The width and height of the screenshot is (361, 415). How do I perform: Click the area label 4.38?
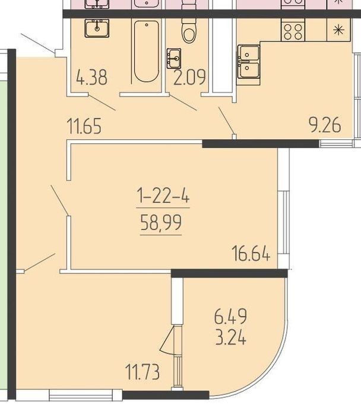pos(91,77)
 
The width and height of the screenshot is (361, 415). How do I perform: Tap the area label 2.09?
pos(189,77)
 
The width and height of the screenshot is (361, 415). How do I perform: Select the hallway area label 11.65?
pos(84,126)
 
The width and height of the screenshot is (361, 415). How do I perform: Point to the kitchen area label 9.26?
pos(325,124)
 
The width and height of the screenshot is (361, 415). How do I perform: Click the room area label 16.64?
pos(251,253)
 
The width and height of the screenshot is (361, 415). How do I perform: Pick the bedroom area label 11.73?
pos(142,372)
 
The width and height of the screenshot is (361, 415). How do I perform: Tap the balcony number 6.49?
pos(230,316)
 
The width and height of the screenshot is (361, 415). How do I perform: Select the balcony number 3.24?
pos(231,337)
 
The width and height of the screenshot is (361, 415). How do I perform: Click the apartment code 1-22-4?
pos(163,195)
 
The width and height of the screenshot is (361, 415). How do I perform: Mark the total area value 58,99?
pos(161,222)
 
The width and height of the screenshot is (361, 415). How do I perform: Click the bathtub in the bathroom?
pos(147,52)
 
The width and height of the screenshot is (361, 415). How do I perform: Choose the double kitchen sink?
pos(248,62)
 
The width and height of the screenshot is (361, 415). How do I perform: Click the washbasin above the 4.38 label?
pos(97,28)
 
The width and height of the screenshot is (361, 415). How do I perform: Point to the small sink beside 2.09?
pos(174,59)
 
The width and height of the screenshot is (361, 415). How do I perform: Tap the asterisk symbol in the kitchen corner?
pos(338,30)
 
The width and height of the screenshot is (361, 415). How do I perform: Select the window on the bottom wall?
pos(81,396)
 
